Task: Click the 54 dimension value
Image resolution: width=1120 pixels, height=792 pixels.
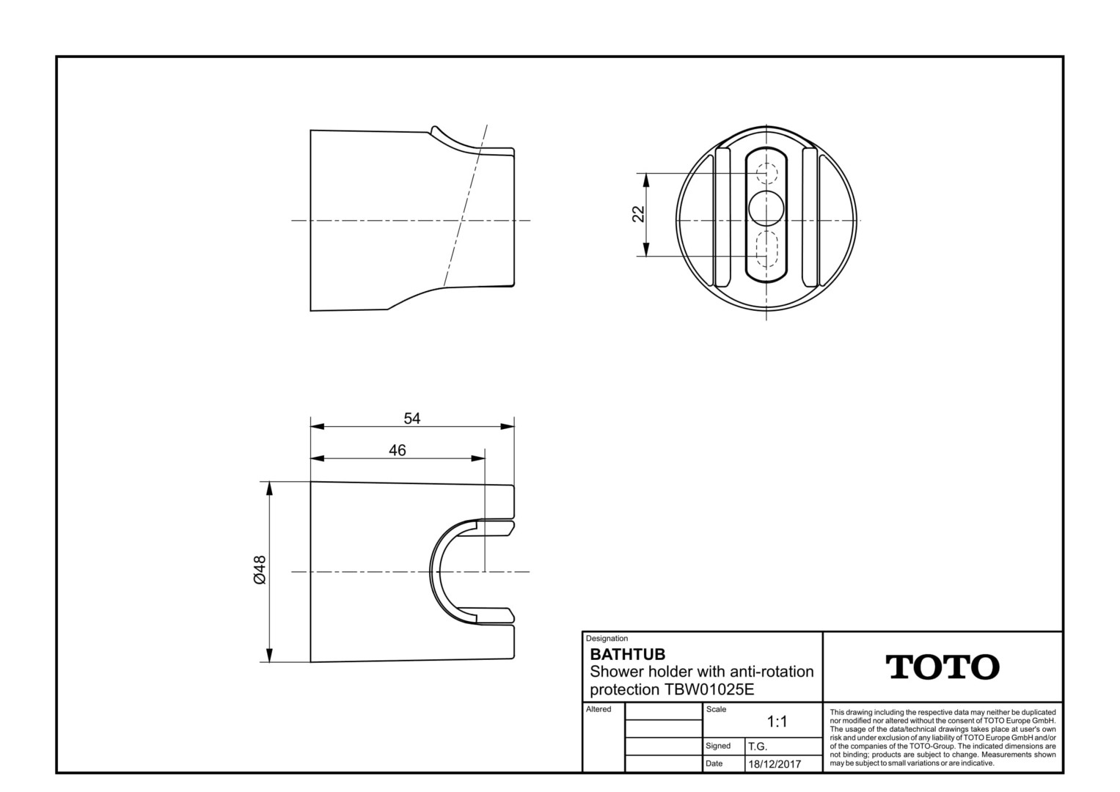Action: (412, 418)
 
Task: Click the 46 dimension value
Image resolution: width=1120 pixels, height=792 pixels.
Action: (398, 450)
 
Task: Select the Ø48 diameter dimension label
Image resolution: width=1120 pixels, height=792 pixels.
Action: (260, 570)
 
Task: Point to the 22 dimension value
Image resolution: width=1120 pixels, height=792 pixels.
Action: (639, 214)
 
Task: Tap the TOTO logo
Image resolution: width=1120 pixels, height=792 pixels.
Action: (943, 667)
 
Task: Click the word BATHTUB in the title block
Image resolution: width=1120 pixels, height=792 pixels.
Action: (628, 654)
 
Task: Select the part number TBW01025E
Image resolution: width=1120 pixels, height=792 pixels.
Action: (709, 689)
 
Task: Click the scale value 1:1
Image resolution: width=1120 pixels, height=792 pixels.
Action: (777, 722)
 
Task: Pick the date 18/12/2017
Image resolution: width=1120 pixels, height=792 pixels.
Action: (775, 764)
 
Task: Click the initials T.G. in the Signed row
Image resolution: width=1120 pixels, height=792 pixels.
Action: (758, 747)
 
